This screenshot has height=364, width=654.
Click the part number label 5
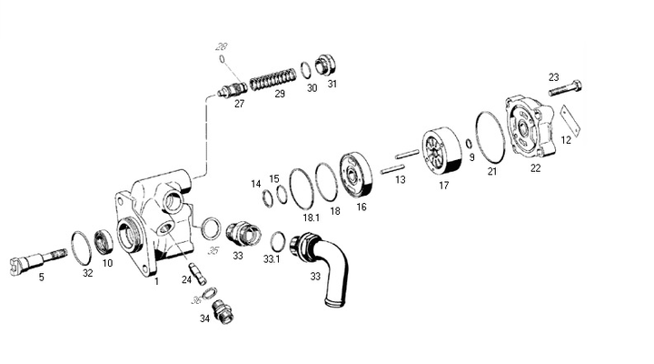41,277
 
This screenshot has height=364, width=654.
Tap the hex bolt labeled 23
565,88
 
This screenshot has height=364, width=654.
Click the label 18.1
312,217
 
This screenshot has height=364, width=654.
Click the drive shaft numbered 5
37,260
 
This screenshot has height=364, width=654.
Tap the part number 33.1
272,259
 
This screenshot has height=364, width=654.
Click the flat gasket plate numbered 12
570,120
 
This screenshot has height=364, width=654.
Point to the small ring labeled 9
469,144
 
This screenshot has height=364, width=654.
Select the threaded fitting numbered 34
223,312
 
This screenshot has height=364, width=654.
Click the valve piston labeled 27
233,90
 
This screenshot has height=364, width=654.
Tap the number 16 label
362,207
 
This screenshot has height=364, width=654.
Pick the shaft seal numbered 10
103,242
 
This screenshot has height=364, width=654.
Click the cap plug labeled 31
325,65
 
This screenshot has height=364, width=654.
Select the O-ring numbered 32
82,248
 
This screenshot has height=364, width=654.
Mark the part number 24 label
186,279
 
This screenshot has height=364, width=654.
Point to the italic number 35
213,250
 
